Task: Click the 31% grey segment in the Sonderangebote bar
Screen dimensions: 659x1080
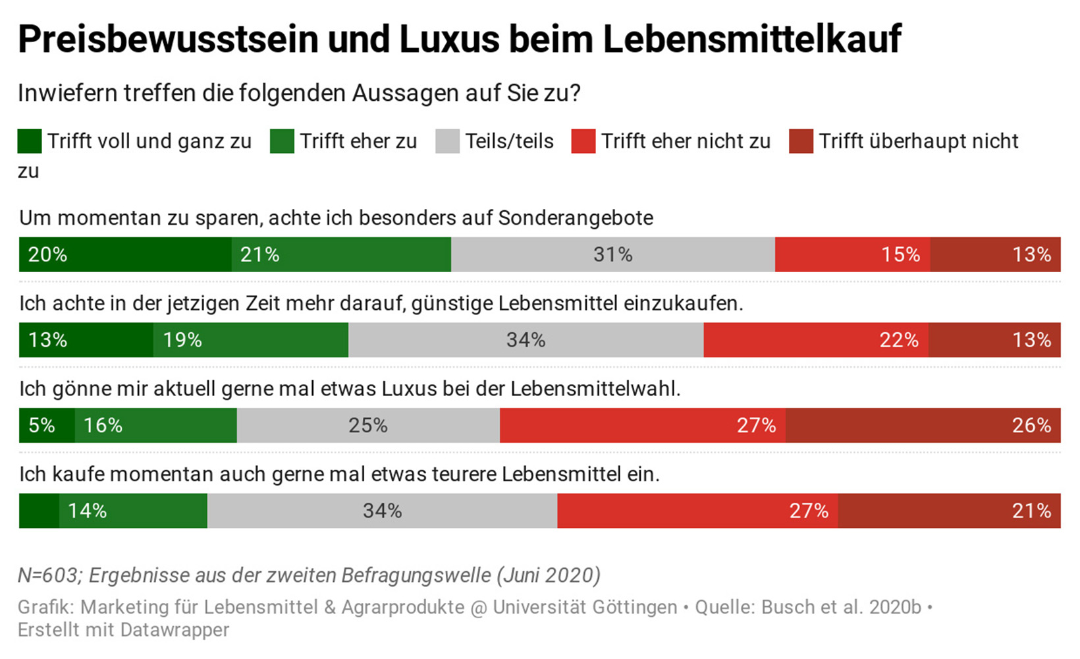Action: (x=612, y=254)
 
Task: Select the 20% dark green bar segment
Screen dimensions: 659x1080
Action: (x=125, y=254)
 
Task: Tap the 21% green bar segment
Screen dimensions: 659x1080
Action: (x=341, y=254)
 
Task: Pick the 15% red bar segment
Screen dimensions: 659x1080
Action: (x=852, y=254)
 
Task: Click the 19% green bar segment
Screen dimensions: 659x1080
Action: (x=250, y=340)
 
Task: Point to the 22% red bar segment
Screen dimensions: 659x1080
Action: (x=815, y=340)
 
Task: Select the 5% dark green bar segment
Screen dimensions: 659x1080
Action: (x=47, y=425)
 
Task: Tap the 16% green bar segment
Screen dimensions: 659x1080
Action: (x=155, y=425)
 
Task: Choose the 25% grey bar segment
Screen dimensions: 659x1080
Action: (x=367, y=425)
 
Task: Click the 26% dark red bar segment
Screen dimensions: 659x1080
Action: (x=923, y=425)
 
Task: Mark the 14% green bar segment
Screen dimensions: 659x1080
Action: (x=133, y=511)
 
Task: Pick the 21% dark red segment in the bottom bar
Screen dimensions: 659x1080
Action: (x=949, y=511)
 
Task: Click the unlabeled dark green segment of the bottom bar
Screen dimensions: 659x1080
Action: (x=39, y=511)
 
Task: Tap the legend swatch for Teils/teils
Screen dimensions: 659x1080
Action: (x=447, y=142)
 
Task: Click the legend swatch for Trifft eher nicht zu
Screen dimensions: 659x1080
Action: (x=583, y=142)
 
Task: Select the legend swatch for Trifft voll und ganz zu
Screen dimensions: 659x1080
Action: (x=30, y=142)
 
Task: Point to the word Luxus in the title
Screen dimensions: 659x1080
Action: (x=448, y=40)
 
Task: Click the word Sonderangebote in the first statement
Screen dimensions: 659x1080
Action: (x=576, y=218)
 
